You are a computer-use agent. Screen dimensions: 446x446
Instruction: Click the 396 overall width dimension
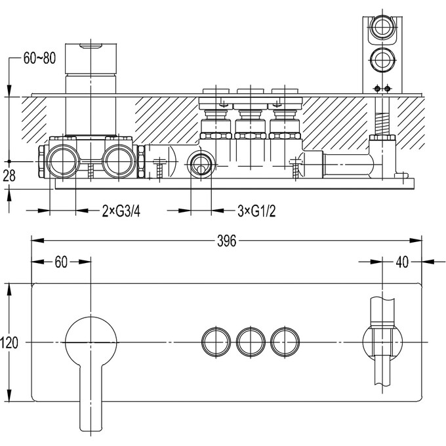(x=226, y=241)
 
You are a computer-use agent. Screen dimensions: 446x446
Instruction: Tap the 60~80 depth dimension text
(x=39, y=58)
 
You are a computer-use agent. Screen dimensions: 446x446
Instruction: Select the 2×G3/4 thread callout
(x=121, y=211)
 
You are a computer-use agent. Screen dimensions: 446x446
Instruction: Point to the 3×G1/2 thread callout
(x=256, y=211)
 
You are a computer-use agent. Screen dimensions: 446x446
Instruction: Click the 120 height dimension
(x=9, y=342)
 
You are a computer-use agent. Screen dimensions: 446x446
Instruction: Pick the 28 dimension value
(x=9, y=176)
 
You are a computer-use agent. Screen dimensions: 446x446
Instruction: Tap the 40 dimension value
(x=402, y=262)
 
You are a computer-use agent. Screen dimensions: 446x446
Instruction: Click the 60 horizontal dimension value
(x=61, y=262)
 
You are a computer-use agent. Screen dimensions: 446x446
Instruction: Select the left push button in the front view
(x=216, y=342)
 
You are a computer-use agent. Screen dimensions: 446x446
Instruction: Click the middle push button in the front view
(x=251, y=342)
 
